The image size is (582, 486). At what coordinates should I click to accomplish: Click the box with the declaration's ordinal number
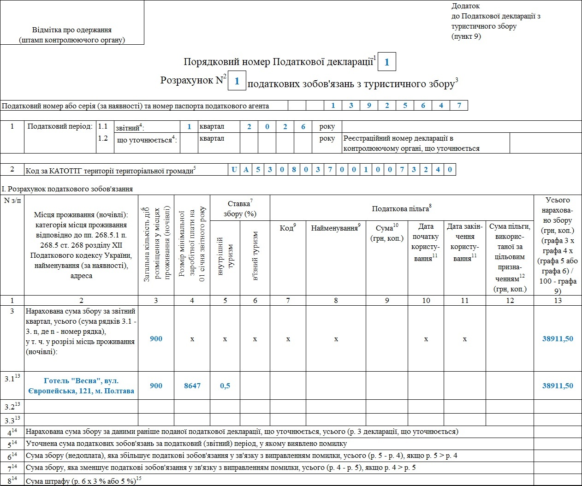[386, 62]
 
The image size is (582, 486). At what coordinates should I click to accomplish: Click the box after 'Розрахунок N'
[237, 81]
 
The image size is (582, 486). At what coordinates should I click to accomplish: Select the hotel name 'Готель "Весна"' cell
[81, 386]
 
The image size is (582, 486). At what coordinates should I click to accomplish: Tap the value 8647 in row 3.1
[192, 386]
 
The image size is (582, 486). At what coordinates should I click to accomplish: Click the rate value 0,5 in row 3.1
[225, 386]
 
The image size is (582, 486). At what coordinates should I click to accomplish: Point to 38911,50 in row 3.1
[558, 386]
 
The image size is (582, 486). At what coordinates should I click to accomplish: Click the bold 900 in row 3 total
[156, 339]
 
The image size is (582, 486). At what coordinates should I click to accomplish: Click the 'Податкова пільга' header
[402, 208]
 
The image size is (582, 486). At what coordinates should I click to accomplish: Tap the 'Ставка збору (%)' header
[240, 208]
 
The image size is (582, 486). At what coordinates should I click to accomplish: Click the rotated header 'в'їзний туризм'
[255, 256]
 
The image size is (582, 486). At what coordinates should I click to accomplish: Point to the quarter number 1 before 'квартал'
[189, 127]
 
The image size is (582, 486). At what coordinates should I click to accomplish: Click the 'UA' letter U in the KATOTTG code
[234, 170]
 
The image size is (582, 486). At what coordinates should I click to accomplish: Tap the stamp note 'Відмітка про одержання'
[72, 30]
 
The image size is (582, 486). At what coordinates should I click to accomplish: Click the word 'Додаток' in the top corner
[465, 6]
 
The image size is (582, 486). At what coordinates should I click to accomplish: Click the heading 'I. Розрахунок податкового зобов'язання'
[67, 189]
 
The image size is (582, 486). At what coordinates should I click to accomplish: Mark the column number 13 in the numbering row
[558, 301]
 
